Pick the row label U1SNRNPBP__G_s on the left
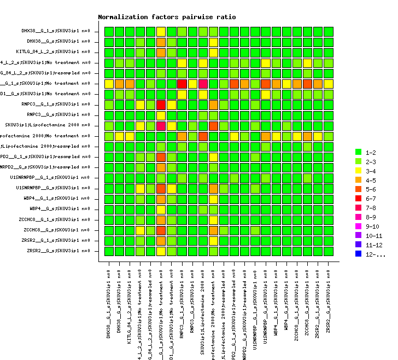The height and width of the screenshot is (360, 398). (57, 188)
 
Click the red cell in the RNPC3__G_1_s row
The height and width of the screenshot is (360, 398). (161, 104)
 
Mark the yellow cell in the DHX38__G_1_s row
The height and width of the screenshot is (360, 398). (161, 31)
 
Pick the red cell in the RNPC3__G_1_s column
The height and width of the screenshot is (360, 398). (182, 84)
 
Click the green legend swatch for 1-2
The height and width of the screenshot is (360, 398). (358, 152)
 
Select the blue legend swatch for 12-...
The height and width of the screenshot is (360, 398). (358, 254)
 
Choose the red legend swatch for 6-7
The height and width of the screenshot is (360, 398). (358, 198)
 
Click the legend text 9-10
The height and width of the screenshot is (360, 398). (372, 226)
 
